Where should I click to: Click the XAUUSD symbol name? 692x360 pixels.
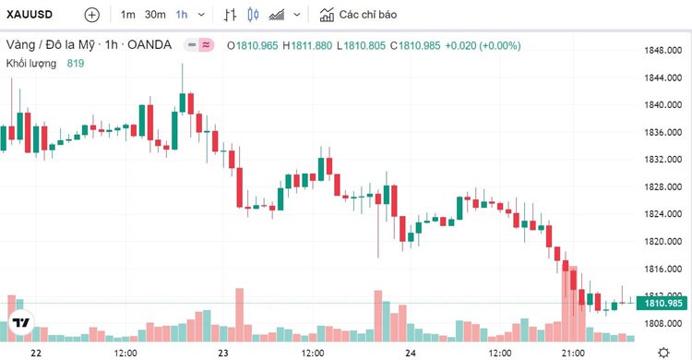point(29,15)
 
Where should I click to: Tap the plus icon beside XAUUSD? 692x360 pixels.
point(91,15)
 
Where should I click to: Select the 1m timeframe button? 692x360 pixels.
point(127,15)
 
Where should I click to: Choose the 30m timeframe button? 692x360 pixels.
point(155,15)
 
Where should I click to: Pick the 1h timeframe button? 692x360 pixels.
point(181,15)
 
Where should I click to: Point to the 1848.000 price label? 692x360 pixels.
point(662,50)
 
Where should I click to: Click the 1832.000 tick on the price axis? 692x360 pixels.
point(662,159)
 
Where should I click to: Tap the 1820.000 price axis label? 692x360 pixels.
point(662,242)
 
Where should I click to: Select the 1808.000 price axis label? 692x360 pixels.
point(662,324)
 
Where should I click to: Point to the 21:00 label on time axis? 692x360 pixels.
point(573,353)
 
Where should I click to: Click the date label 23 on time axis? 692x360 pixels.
point(221,353)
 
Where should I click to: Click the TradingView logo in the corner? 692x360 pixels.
point(20,324)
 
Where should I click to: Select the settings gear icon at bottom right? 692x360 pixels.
point(662,352)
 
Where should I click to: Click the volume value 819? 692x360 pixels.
point(76,63)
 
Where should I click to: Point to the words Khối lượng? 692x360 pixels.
point(31,63)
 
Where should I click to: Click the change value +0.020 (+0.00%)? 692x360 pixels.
point(482,45)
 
